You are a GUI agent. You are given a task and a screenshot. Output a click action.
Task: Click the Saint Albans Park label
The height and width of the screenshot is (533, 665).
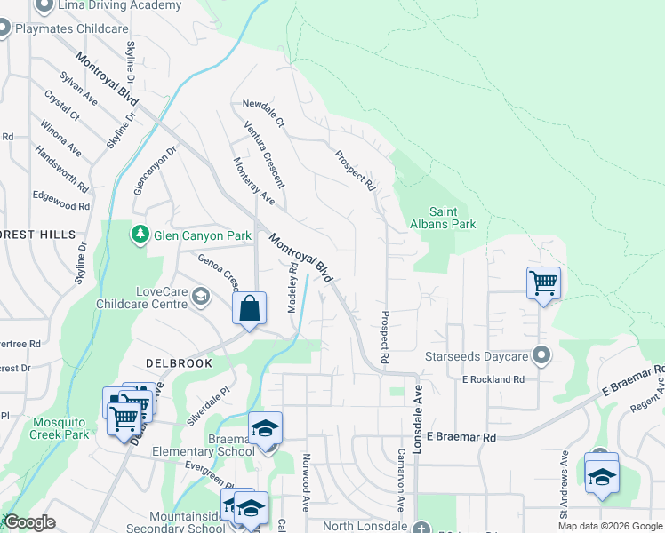[x=453, y=218]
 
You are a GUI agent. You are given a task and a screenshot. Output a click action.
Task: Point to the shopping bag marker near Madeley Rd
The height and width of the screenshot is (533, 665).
[x=250, y=309]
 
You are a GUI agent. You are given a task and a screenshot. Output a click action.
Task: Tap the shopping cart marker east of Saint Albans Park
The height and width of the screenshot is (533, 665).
[x=543, y=283]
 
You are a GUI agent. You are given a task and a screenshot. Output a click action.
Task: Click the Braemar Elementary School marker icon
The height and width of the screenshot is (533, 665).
[x=265, y=427]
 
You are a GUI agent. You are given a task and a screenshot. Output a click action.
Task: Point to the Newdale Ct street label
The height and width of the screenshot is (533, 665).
[x=262, y=113]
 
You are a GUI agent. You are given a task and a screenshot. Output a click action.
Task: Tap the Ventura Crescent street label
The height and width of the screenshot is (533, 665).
[x=265, y=156]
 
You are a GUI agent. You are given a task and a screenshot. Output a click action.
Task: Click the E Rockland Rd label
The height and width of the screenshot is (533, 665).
[x=493, y=379]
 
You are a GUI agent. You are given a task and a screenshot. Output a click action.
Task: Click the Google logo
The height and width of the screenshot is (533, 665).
[x=28, y=522]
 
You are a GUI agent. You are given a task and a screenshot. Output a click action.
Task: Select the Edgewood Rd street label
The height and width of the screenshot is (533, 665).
[x=61, y=201]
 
